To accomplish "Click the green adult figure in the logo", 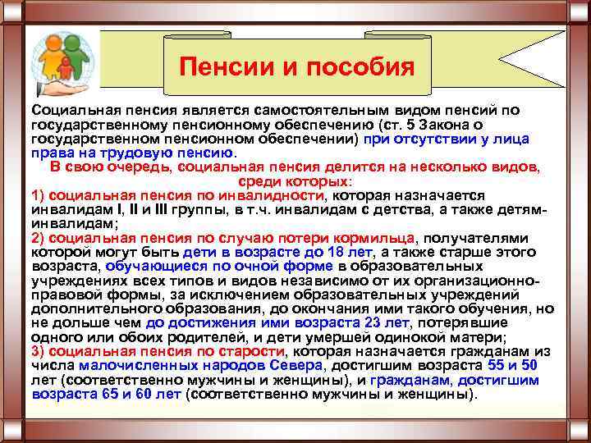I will (x=75, y=58).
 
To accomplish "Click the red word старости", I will (x=253, y=352).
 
